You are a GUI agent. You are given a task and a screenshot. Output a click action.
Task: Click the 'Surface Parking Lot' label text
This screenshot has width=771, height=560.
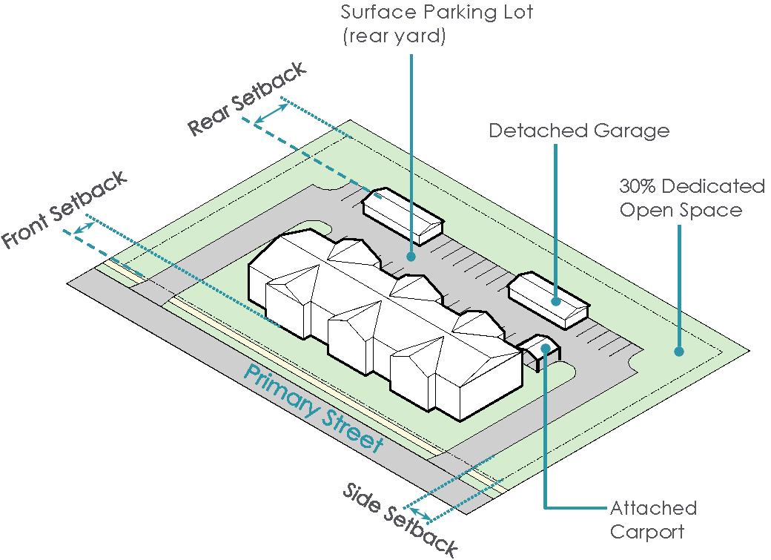(x=437, y=13)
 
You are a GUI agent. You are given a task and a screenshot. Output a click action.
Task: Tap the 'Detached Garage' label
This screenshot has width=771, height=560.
(x=579, y=131)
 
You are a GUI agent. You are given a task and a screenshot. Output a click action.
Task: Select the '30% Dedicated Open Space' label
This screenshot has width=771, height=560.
(x=692, y=198)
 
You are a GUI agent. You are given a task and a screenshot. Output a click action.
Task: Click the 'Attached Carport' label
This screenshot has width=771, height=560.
(x=653, y=520)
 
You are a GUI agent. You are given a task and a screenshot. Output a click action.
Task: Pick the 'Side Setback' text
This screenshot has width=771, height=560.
(x=400, y=520)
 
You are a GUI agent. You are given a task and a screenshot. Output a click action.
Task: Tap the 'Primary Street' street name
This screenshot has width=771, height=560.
(x=314, y=409)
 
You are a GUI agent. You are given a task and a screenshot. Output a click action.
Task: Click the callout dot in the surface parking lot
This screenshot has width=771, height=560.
(x=410, y=256)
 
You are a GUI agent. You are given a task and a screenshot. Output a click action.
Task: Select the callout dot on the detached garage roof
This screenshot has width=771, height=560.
(x=555, y=301)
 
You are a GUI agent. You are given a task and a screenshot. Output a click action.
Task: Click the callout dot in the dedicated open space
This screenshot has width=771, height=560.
(x=678, y=352)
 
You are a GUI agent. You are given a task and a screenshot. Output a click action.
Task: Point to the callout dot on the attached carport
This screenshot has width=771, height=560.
(x=545, y=348)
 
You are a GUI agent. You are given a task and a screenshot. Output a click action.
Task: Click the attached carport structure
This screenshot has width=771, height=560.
(x=540, y=352)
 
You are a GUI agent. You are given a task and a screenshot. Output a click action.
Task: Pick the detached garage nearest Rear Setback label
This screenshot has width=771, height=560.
(x=403, y=215)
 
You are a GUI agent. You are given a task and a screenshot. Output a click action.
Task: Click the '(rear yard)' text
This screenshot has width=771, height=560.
(x=394, y=36)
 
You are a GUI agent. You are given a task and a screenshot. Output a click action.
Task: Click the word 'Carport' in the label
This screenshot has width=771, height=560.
(x=646, y=532)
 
